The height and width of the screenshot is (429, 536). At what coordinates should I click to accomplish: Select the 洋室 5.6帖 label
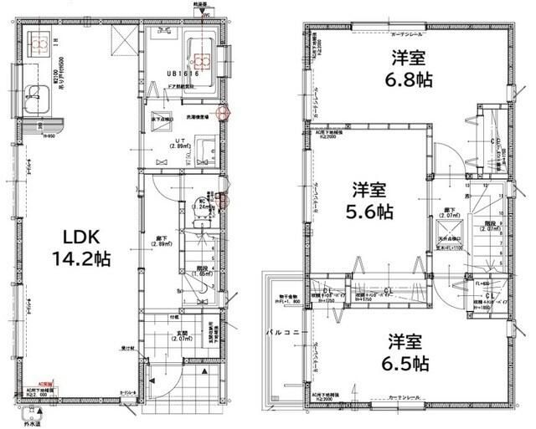371,202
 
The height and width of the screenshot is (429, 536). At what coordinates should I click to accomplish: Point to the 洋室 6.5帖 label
409,352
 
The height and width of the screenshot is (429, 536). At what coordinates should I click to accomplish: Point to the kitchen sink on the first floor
36,99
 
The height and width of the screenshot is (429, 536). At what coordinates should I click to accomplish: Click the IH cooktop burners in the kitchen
38,41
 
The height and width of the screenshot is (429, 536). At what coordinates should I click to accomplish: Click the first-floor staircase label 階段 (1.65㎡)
201,273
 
